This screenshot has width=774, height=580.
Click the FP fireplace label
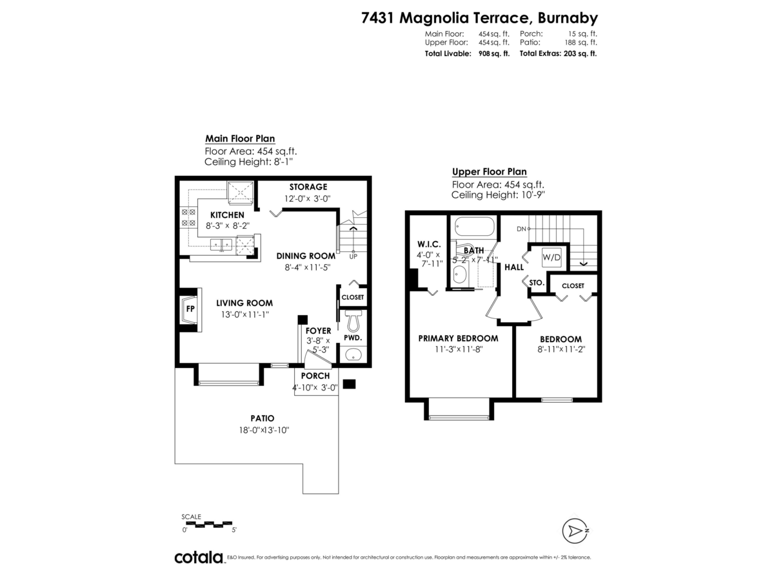tap(190, 309)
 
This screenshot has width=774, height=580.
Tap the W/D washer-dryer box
tap(551, 257)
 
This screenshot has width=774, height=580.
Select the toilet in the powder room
tap(353, 320)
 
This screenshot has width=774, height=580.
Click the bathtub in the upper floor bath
tap(475, 227)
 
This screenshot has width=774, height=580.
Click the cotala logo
tap(199, 557)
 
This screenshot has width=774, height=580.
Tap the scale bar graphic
tap(208, 523)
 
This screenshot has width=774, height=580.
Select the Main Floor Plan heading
tap(240, 139)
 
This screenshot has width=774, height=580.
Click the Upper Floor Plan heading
tap(489, 172)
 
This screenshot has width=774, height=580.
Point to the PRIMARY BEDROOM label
tap(458, 338)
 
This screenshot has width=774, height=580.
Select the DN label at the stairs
tap(521, 229)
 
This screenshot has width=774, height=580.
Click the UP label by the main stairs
tap(353, 256)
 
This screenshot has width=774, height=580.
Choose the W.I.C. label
tap(428, 244)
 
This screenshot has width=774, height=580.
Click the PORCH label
tap(315, 376)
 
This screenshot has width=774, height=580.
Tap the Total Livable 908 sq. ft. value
tap(494, 53)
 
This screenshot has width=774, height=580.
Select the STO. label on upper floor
tap(537, 282)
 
